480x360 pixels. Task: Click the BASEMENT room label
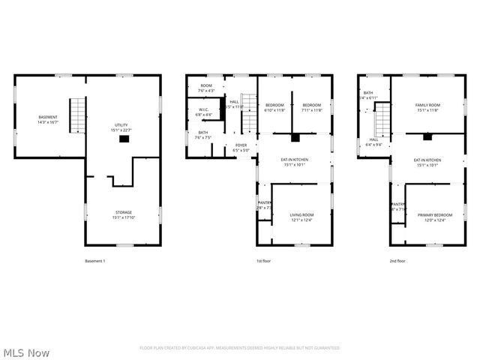pos(48,118)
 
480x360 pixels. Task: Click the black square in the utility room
pos(124,138)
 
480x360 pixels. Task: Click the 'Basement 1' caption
pos(95,261)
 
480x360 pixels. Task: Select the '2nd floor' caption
pos(397,261)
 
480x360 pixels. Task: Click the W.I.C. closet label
pos(204,110)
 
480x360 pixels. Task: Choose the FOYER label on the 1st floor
pos(241,145)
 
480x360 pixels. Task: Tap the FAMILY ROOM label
pos(428,105)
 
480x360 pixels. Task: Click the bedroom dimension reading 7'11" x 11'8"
pos(313,110)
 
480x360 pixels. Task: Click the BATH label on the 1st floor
pos(203,133)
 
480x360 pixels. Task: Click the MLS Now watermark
pos(26,352)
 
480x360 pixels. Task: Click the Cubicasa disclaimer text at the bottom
pos(240,348)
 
